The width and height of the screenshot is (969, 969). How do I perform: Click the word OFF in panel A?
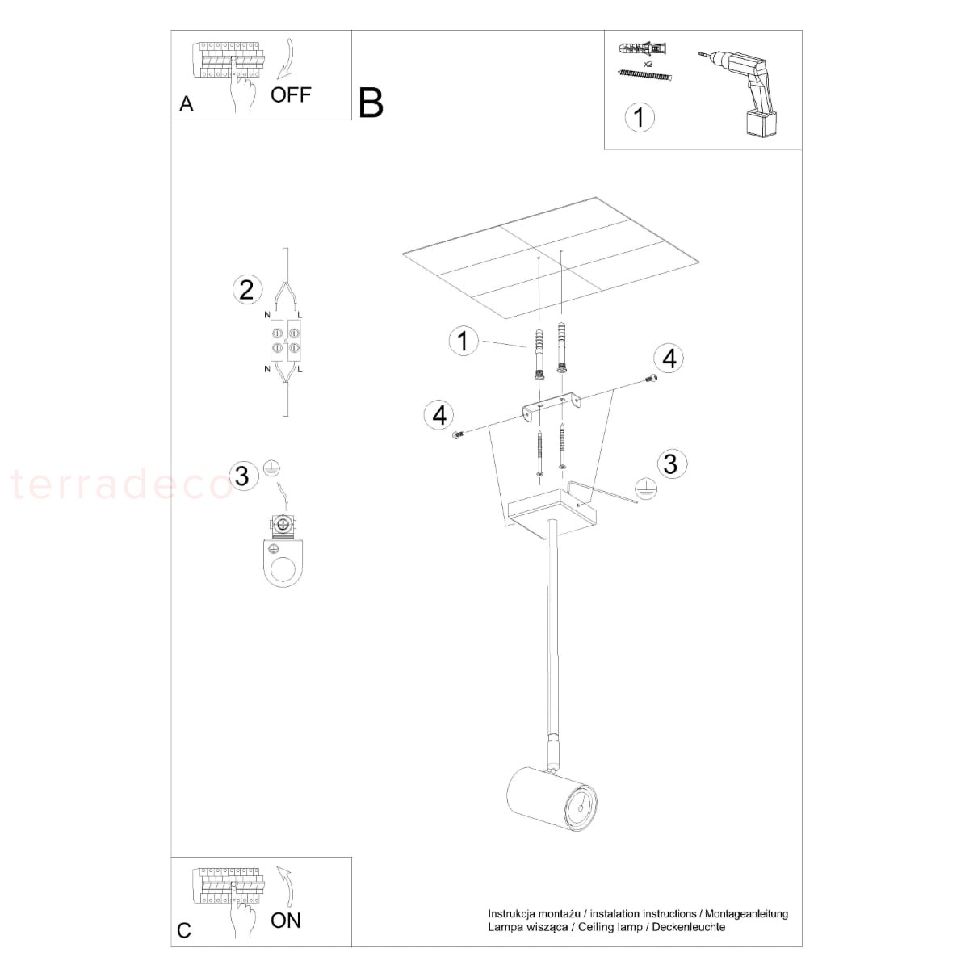coord(291,94)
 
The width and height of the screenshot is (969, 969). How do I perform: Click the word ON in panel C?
coord(286,921)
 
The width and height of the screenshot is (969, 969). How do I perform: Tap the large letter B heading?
coord(371,103)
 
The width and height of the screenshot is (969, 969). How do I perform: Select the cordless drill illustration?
coord(739,92)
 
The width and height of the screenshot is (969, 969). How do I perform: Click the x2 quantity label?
coord(648,64)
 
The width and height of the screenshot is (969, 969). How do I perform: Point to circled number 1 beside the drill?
coord(639,118)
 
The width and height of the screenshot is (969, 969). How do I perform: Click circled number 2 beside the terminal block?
coord(247,290)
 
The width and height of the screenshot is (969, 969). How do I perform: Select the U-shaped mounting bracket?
coord(552,407)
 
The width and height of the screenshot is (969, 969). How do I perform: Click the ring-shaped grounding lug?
coord(283,551)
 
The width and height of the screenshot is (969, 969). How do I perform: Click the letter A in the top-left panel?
coord(186,103)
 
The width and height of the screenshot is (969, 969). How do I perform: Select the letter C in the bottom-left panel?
coord(184,930)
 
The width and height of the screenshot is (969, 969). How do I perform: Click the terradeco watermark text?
coord(122,484)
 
